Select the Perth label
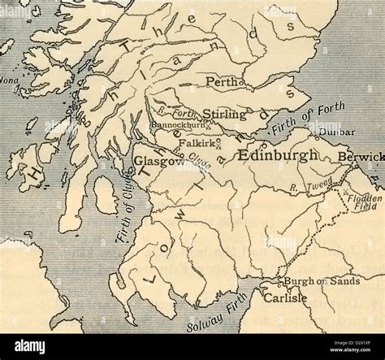pyautogui.click(x=225, y=82)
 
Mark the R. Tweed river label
pyautogui.click(x=310, y=188)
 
